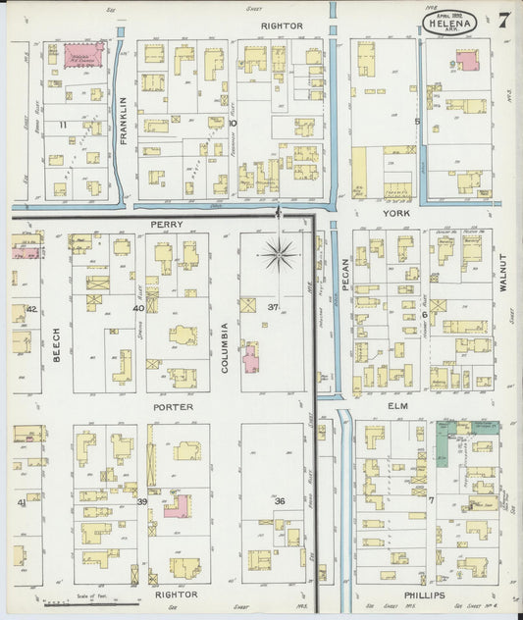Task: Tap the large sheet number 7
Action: click(502, 20)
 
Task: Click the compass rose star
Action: click(281, 255)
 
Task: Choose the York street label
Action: click(392, 211)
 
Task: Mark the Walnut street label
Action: click(501, 275)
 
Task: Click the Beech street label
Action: click(56, 344)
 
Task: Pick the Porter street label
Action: click(172, 406)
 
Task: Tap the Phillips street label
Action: click(423, 595)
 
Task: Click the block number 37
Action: click(273, 308)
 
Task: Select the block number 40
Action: click(139, 308)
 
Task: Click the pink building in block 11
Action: click(84, 56)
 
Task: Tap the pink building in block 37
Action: click(251, 359)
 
